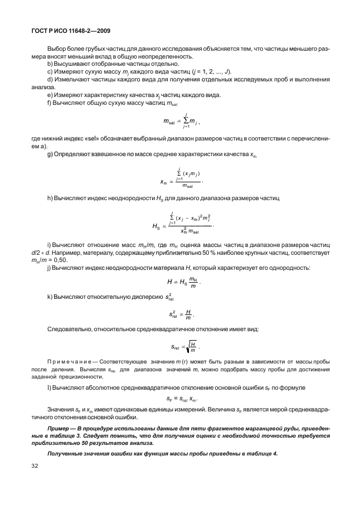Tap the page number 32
[x=35, y=466]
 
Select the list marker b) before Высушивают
[x=50, y=64]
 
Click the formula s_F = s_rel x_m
[x=182, y=399]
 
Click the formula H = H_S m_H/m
[x=183, y=282]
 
